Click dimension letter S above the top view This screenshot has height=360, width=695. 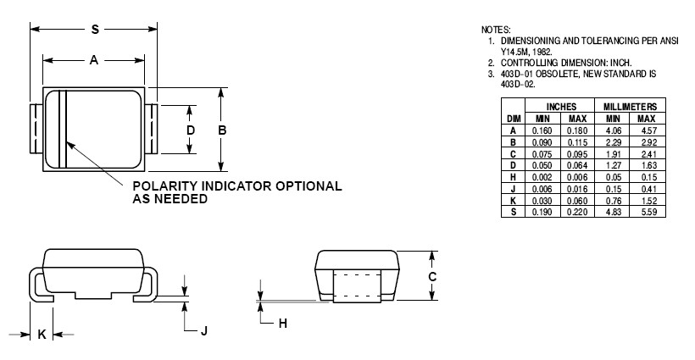95,30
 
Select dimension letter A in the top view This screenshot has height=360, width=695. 94,60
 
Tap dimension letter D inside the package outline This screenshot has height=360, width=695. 191,130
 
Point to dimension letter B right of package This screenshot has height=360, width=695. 222,130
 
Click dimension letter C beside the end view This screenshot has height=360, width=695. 431,276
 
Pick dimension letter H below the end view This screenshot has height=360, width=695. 283,323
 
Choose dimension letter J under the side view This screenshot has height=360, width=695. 203,330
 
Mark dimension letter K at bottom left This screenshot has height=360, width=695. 42,335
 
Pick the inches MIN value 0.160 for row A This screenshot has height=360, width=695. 542,130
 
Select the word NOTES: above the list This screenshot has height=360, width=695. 496,30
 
